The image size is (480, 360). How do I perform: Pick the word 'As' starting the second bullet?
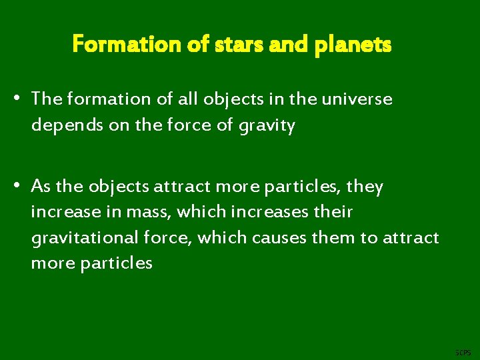point(40,187)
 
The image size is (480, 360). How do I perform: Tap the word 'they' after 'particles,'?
point(365,187)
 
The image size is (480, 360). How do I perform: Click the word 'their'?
point(333,213)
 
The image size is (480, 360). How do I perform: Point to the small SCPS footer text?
point(462,351)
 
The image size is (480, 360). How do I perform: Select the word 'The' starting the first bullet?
point(46,99)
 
